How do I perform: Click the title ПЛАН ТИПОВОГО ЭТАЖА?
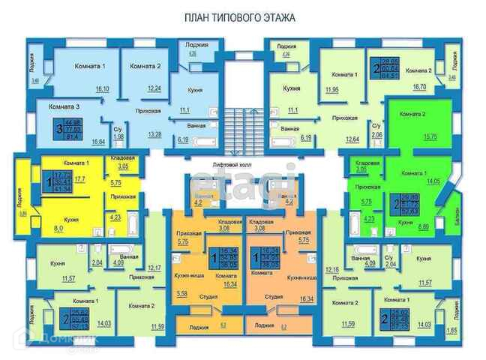(239, 16)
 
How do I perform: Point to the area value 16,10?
(102, 88)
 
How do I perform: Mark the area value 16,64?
(97, 140)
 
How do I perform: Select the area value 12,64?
(352, 138)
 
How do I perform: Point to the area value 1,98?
(118, 136)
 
